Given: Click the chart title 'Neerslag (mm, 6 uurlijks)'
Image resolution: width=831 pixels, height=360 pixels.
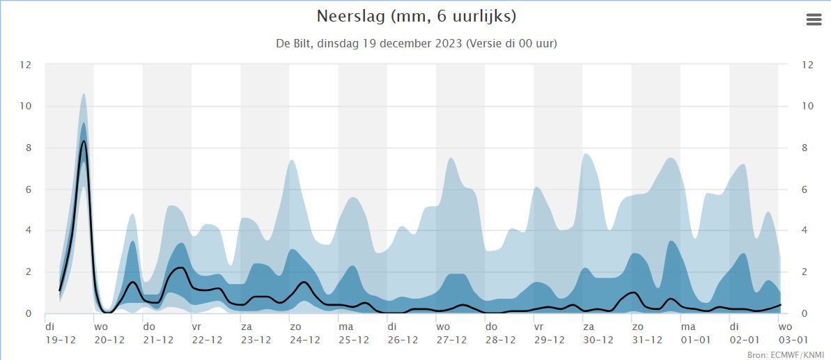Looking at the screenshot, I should click(416, 16).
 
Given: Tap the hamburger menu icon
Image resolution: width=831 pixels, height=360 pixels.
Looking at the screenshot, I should click(814, 19).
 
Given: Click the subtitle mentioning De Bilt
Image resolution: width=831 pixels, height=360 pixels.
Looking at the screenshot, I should click(416, 43).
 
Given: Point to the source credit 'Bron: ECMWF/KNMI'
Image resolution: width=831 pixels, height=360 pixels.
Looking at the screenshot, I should click(785, 354).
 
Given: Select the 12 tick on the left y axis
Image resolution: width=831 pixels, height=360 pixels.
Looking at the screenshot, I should click(26, 65).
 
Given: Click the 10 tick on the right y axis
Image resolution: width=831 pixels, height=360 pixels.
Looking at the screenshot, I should click(808, 106).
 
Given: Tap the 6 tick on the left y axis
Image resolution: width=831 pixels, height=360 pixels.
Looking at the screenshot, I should click(29, 189).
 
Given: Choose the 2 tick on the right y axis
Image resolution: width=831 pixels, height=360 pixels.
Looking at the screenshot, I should click(805, 272).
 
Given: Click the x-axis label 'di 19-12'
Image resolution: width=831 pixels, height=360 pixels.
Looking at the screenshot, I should click(61, 334).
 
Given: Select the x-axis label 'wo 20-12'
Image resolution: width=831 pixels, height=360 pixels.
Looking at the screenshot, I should click(109, 334).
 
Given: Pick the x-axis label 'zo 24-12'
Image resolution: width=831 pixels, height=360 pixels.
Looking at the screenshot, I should click(305, 334).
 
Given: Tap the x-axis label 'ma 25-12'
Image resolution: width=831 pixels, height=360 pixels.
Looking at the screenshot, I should click(354, 334).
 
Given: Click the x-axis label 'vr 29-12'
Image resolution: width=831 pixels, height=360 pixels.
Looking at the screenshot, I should click(549, 334).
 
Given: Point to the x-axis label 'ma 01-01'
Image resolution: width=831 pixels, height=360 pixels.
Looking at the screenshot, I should click(696, 334).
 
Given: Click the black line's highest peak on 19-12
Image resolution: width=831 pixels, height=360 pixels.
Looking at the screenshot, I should click(84, 141).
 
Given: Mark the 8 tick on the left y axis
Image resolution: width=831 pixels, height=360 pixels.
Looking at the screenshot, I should click(29, 148).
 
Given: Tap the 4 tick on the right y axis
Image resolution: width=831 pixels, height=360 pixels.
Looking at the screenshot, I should click(805, 230).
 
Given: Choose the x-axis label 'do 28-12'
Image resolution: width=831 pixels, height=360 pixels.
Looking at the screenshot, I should click(500, 334).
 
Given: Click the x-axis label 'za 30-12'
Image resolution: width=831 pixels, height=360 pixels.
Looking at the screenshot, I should click(598, 334).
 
